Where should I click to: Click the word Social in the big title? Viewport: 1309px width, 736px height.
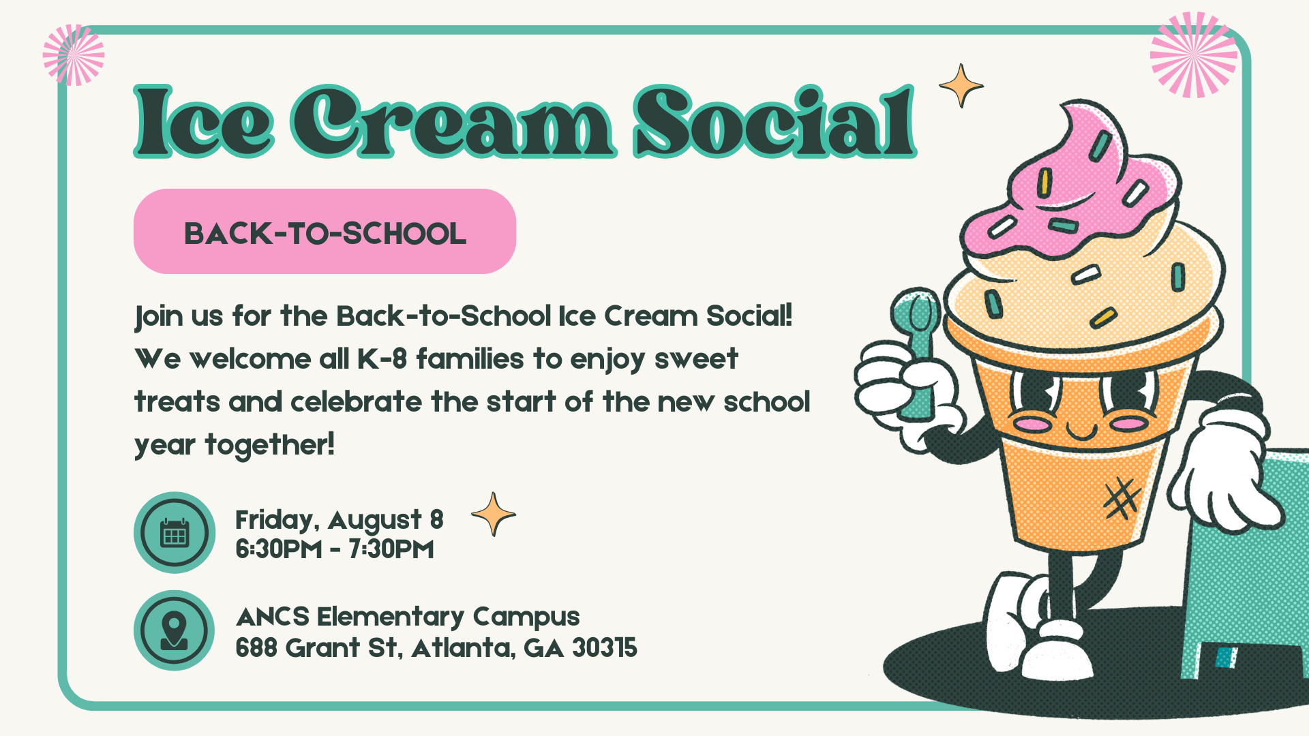pyautogui.click(x=775, y=122)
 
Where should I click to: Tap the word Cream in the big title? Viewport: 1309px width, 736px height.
pyautogui.click(x=454, y=122)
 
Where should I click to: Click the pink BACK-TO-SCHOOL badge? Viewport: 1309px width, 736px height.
pyautogui.click(x=325, y=232)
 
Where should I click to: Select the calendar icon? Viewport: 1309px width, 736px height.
pyautogui.click(x=175, y=533)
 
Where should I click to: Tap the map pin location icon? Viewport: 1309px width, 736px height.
pyautogui.click(x=175, y=631)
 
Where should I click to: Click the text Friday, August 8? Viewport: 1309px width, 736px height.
pyautogui.click(x=340, y=521)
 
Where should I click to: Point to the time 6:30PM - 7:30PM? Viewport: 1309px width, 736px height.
pyautogui.click(x=335, y=549)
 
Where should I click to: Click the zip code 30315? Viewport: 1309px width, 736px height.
pyautogui.click(x=605, y=647)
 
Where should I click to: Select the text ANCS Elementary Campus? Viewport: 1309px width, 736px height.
pyautogui.click(x=408, y=617)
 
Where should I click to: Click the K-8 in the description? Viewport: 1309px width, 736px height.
pyautogui.click(x=382, y=359)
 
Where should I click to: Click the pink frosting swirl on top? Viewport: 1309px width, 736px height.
pyautogui.click(x=1074, y=184)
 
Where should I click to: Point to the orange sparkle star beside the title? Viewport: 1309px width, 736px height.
pyautogui.click(x=961, y=86)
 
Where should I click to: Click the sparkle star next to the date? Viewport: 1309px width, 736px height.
pyautogui.click(x=494, y=515)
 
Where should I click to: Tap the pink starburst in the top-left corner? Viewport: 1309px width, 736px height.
pyautogui.click(x=74, y=55)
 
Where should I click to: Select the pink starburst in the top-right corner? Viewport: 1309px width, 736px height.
pyautogui.click(x=1194, y=55)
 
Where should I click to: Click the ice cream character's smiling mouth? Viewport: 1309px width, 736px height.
pyautogui.click(x=1081, y=431)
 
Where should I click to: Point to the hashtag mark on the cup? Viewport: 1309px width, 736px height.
pyautogui.click(x=1122, y=499)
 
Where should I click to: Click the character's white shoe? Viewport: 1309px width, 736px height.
pyautogui.click(x=1057, y=651)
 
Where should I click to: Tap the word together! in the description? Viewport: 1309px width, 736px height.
pyautogui.click(x=270, y=445)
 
